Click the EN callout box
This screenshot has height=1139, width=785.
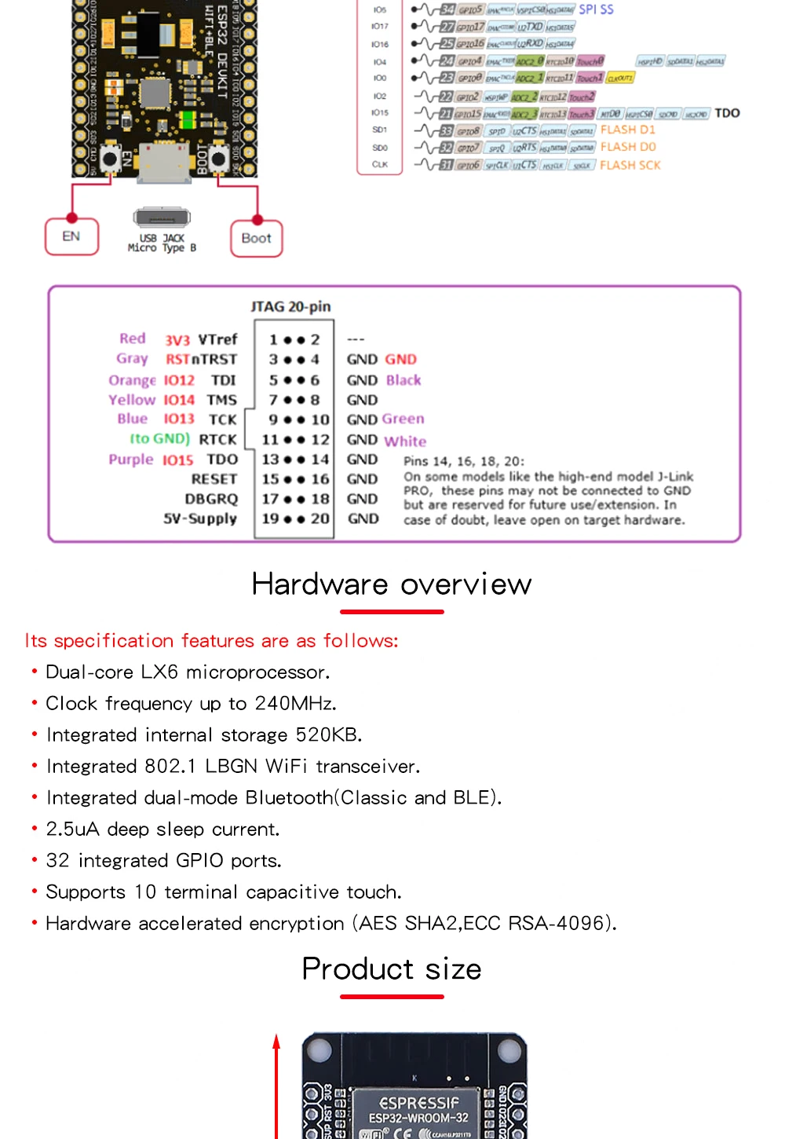(71, 236)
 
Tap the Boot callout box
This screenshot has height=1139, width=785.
(256, 239)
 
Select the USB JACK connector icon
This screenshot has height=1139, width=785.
(162, 218)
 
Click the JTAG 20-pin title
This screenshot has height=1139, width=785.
(290, 306)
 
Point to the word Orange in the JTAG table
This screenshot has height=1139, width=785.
(132, 380)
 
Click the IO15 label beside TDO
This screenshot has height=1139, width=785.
(177, 460)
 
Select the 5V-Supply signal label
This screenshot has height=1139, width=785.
(199, 518)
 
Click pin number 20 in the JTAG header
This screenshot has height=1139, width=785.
(319, 518)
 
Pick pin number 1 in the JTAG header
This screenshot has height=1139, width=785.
(273, 340)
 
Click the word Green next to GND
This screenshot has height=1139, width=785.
(403, 419)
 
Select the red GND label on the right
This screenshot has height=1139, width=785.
(400, 360)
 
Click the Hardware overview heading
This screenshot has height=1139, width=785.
(392, 584)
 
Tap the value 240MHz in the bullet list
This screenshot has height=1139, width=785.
(295, 703)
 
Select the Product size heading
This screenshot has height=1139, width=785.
(392, 969)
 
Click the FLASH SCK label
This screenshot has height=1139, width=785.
(630, 165)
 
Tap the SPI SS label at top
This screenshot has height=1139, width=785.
(596, 9)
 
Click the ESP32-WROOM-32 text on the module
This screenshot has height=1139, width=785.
(418, 1118)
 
